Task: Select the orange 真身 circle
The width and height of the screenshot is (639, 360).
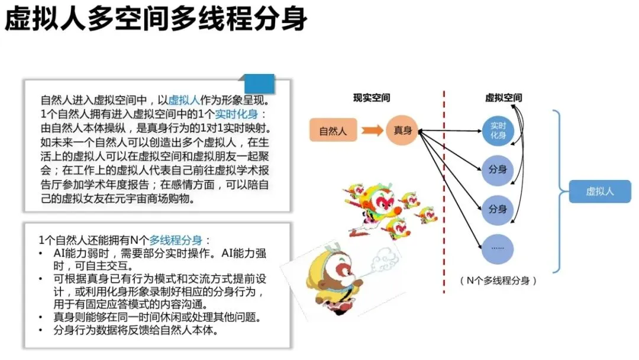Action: pyautogui.click(x=402, y=131)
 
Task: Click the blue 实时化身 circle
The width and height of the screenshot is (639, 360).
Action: pyautogui.click(x=498, y=131)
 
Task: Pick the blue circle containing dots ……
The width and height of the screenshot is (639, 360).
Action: pyautogui.click(x=498, y=247)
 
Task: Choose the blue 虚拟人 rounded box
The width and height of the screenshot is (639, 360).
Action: pyautogui.click(x=599, y=191)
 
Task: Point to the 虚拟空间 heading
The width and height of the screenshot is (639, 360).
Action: pyautogui.click(x=503, y=98)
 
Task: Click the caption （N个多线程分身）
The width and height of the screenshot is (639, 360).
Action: pyautogui.click(x=498, y=281)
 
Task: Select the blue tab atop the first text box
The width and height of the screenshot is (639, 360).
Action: pyautogui.click(x=259, y=82)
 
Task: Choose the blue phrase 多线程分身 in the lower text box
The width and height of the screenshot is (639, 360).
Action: pyautogui.click(x=176, y=240)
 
